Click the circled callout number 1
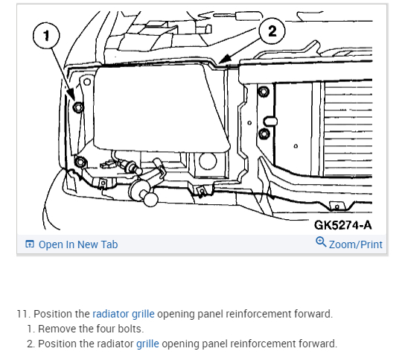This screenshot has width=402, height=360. pos(46,36)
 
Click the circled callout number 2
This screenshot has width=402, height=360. pos(272,31)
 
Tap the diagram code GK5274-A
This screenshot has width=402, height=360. pos(342,225)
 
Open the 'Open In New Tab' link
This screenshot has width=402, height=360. pos(78,244)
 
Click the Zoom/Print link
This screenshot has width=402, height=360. pos(356,244)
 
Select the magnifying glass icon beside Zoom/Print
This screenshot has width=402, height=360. pos(321,242)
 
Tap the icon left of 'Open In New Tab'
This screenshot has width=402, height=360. pos(30,244)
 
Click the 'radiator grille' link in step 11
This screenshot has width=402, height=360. pos(124,314)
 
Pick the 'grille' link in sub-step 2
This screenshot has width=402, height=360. pos(147,344)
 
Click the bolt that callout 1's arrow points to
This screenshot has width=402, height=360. pos(78,107)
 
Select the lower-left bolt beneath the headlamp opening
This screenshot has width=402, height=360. pos(80,162)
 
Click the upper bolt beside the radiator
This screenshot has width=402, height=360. pos(264,92)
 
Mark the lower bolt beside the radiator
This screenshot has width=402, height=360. pos(264,133)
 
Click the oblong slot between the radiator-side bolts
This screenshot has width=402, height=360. pos(270,121)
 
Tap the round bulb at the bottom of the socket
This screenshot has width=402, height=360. pos(150,199)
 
